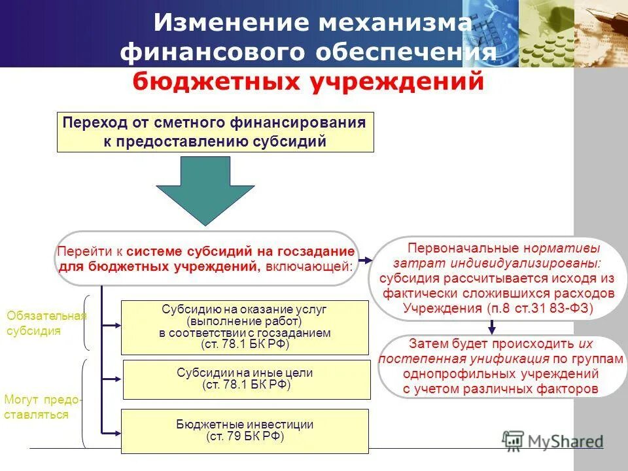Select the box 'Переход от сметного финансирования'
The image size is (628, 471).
[215, 132]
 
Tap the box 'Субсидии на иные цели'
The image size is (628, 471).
[246, 379]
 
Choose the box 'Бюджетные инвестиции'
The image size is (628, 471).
[246, 430]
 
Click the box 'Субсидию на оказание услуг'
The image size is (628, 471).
[246, 326]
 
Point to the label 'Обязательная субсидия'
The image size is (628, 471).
[46, 323]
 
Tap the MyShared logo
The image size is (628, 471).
[553, 440]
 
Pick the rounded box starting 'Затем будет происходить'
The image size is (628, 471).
[501, 366]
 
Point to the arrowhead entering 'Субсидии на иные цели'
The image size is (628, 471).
[118, 379]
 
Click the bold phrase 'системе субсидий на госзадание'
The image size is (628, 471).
[241, 252]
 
